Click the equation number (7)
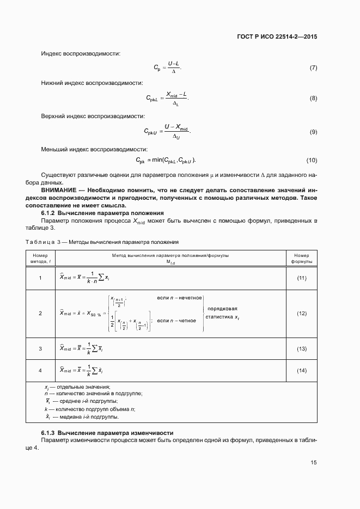(x=313, y=68)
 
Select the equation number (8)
(x=313, y=98)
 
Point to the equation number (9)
(x=313, y=132)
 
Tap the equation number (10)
(x=312, y=161)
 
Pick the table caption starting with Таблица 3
(x=102, y=242)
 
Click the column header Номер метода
(x=40, y=258)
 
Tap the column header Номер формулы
(x=301, y=258)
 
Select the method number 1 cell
(x=40, y=278)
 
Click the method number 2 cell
(x=40, y=314)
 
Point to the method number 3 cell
(x=40, y=348)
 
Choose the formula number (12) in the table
(x=301, y=314)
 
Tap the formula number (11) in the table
(x=301, y=278)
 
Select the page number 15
(x=313, y=462)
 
